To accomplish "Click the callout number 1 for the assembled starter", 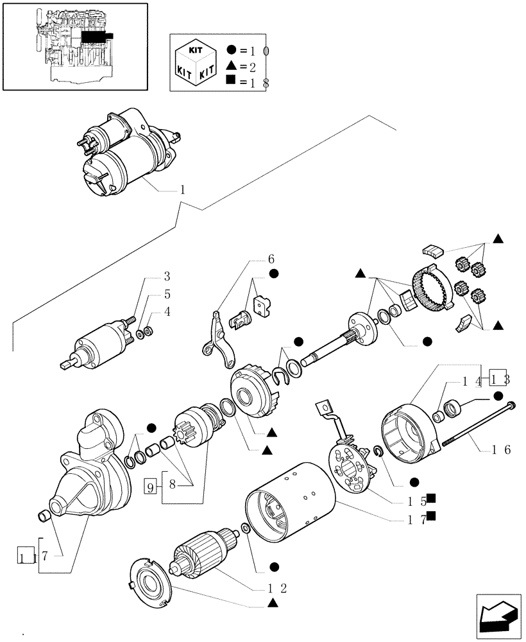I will pyautogui.click(x=182, y=190).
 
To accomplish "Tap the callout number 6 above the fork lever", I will pyautogui.click(x=271, y=259).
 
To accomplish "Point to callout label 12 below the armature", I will pyautogui.click(x=278, y=587).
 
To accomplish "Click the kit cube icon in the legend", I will pyautogui.click(x=194, y=62).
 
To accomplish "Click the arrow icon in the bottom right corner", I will pyautogui.click(x=497, y=616).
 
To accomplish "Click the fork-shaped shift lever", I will pyautogui.click(x=219, y=340).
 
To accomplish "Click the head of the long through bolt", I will pyautogui.click(x=511, y=405).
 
